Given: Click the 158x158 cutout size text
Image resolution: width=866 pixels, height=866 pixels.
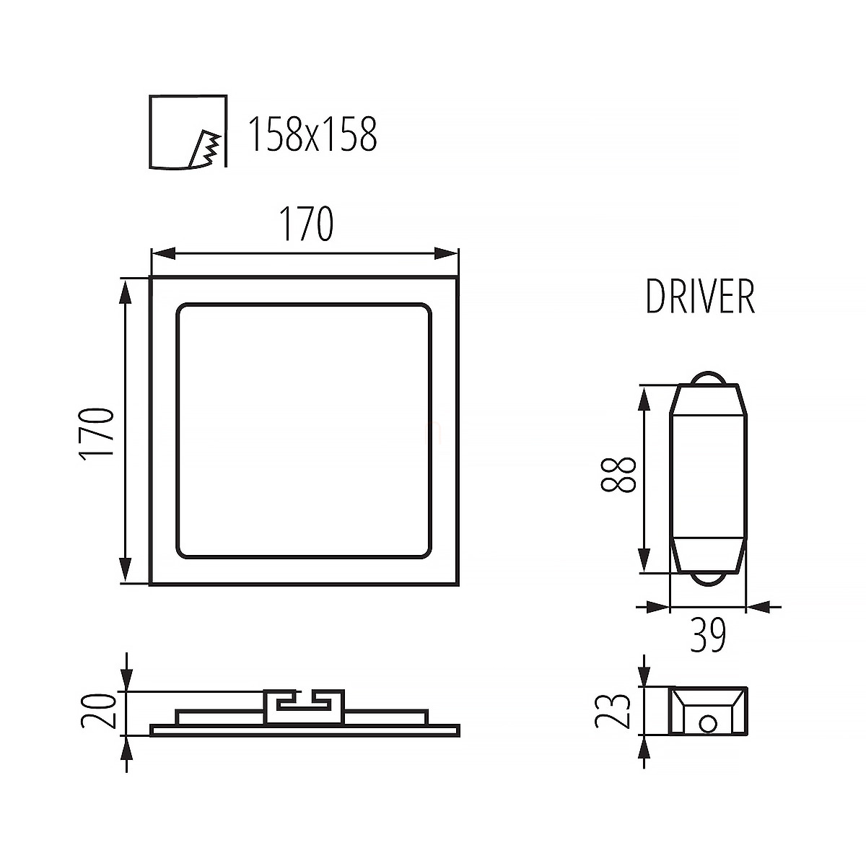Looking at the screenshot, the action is click(312, 134).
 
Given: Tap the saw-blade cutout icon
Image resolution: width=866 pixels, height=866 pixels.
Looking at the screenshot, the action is click(188, 131).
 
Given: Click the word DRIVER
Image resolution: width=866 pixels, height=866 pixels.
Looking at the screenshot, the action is click(701, 297).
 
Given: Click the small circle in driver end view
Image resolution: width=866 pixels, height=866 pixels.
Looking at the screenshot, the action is click(708, 725).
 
